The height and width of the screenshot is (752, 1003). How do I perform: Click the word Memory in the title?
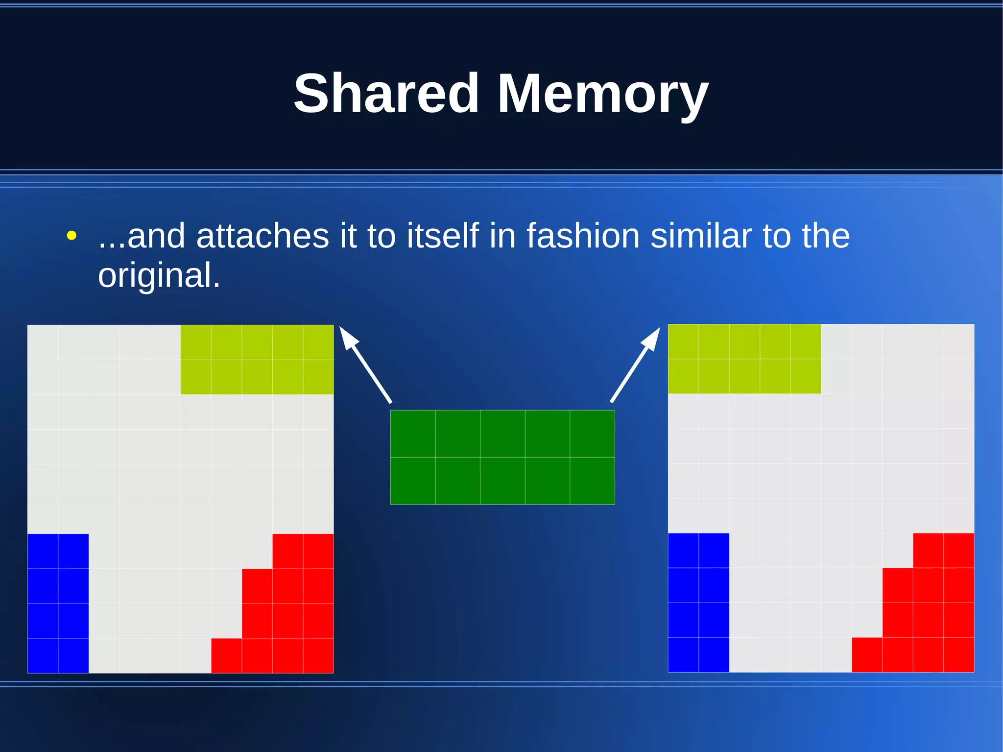point(602,94)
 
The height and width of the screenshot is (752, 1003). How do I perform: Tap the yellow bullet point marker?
point(72,236)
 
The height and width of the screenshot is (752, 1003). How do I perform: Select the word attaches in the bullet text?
point(262,236)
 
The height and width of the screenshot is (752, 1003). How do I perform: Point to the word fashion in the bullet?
point(583,236)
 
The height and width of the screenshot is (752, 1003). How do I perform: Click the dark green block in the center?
point(502,457)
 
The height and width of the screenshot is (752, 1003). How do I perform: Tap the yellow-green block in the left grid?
point(257,360)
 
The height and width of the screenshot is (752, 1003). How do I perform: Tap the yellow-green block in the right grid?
point(744,359)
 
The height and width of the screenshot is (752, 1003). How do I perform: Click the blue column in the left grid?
point(58,603)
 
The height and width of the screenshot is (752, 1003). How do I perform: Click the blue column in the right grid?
point(698,603)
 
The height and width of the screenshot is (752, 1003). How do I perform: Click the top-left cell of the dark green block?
point(413,434)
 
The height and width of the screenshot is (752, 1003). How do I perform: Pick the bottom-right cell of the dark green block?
point(592,481)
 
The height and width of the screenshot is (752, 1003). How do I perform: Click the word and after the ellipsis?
point(156,236)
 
